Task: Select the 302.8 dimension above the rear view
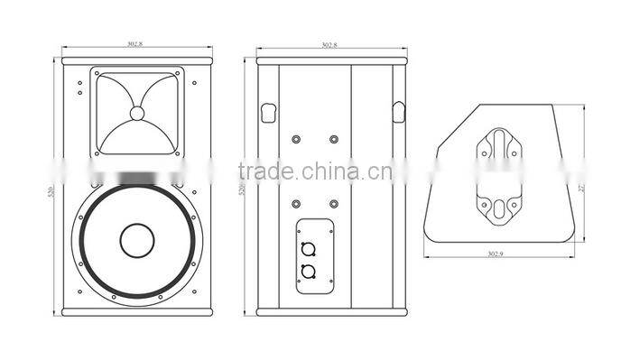(329, 43)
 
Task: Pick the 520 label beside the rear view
(242, 191)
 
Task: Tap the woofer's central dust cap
(137, 240)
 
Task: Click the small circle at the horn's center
(137, 114)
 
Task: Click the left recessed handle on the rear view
(267, 112)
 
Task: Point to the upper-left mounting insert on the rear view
(296, 139)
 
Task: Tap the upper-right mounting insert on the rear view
(334, 139)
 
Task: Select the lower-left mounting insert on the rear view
(296, 203)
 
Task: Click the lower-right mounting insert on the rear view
(334, 203)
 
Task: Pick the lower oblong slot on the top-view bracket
(497, 208)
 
